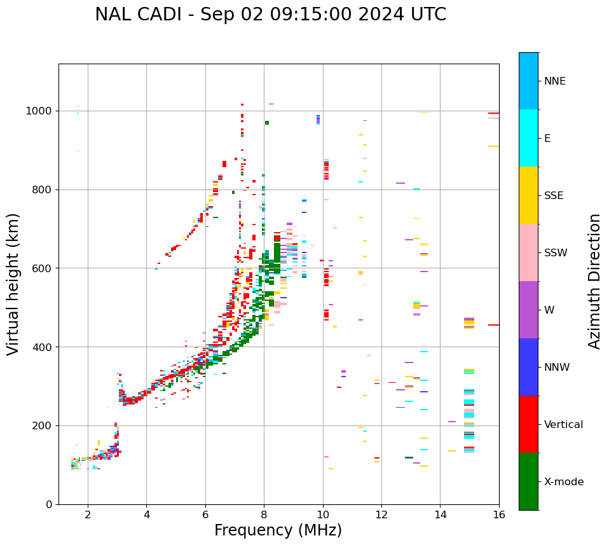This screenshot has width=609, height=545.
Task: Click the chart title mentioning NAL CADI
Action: click(270, 15)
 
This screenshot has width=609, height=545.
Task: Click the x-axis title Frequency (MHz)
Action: click(278, 530)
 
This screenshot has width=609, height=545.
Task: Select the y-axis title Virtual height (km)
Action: click(13, 284)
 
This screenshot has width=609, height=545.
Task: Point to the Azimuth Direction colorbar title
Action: click(594, 281)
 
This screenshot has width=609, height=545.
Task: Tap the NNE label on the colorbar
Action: click(554, 81)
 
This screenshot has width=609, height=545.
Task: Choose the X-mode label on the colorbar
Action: click(563, 482)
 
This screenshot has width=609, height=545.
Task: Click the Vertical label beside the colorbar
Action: click(563, 425)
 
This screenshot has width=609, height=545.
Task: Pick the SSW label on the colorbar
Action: click(556, 253)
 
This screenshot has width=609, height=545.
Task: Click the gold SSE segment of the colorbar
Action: click(528, 195)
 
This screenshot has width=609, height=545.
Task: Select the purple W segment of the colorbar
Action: click(528, 310)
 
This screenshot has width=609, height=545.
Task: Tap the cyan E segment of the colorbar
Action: click(528, 138)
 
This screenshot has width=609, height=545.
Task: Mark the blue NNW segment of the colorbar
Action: click(528, 367)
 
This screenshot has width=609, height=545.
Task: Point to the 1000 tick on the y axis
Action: click(41, 111)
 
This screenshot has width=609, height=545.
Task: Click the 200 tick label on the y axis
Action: click(43, 425)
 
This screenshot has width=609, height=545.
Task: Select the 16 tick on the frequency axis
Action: click(499, 514)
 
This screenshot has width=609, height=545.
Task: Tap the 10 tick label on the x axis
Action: click(323, 514)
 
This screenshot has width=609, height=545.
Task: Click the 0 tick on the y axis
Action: click(49, 504)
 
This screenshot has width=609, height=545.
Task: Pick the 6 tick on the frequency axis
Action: click(205, 514)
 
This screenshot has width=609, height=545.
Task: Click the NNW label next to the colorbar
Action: click(557, 368)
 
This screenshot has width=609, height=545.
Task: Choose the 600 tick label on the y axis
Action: click(43, 268)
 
